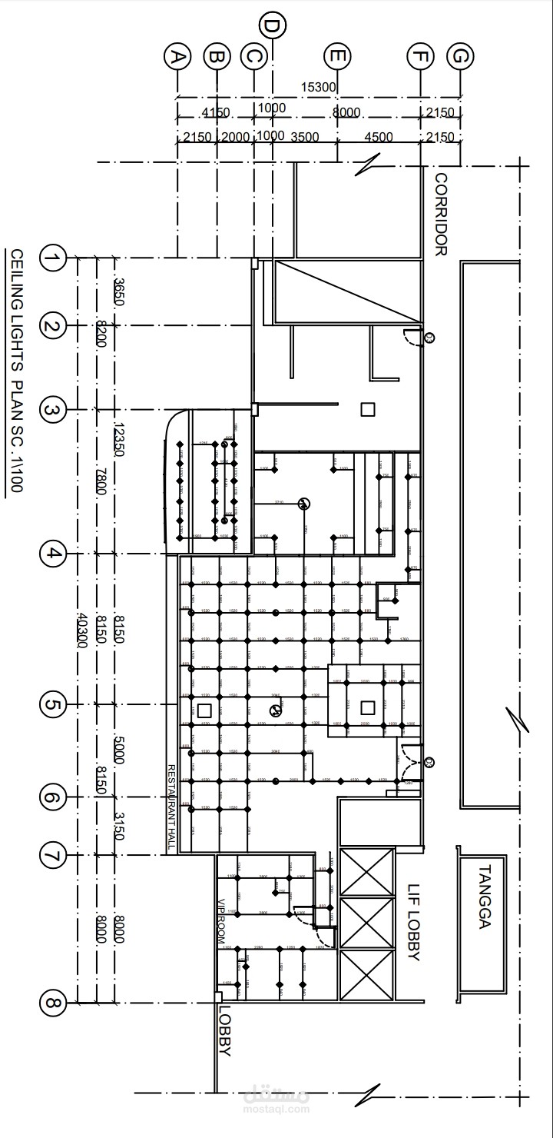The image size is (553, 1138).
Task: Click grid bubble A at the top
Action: pos(177,57)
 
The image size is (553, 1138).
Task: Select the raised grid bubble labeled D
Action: pos(272,25)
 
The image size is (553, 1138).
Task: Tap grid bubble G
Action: pos(460,57)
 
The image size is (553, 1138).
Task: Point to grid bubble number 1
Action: pos(52,258)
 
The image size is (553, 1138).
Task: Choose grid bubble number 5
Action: pos(52,704)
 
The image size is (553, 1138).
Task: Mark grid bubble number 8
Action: pos(52,1003)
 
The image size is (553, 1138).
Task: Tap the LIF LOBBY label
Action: pos(413,922)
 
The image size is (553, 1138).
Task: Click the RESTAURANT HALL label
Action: pos(172,807)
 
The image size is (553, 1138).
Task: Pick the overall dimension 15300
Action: pos(319,88)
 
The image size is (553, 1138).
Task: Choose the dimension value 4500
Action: pos(378,138)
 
